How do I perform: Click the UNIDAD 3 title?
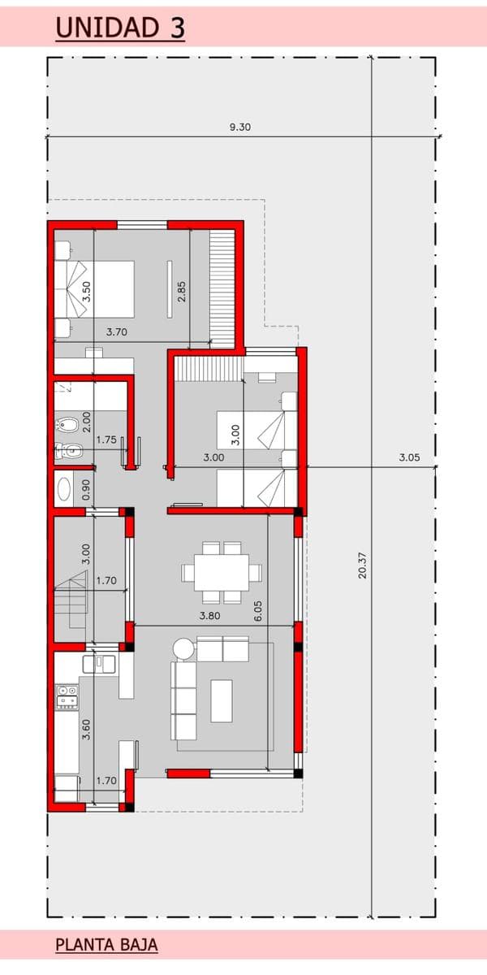120,28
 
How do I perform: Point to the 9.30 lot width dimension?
240,127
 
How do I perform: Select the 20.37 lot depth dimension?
363,565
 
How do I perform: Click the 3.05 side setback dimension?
409,457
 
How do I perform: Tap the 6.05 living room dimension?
258,611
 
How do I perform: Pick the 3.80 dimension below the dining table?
209,616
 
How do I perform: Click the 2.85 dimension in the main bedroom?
181,292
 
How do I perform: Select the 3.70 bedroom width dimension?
117,331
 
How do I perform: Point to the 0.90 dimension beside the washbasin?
86,490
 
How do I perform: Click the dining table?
222,572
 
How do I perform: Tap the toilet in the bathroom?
68,450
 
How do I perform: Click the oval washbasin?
63,489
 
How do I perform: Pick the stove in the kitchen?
67,697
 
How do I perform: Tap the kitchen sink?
100,663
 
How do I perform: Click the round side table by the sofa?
183,648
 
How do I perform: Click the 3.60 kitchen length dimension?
86,729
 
